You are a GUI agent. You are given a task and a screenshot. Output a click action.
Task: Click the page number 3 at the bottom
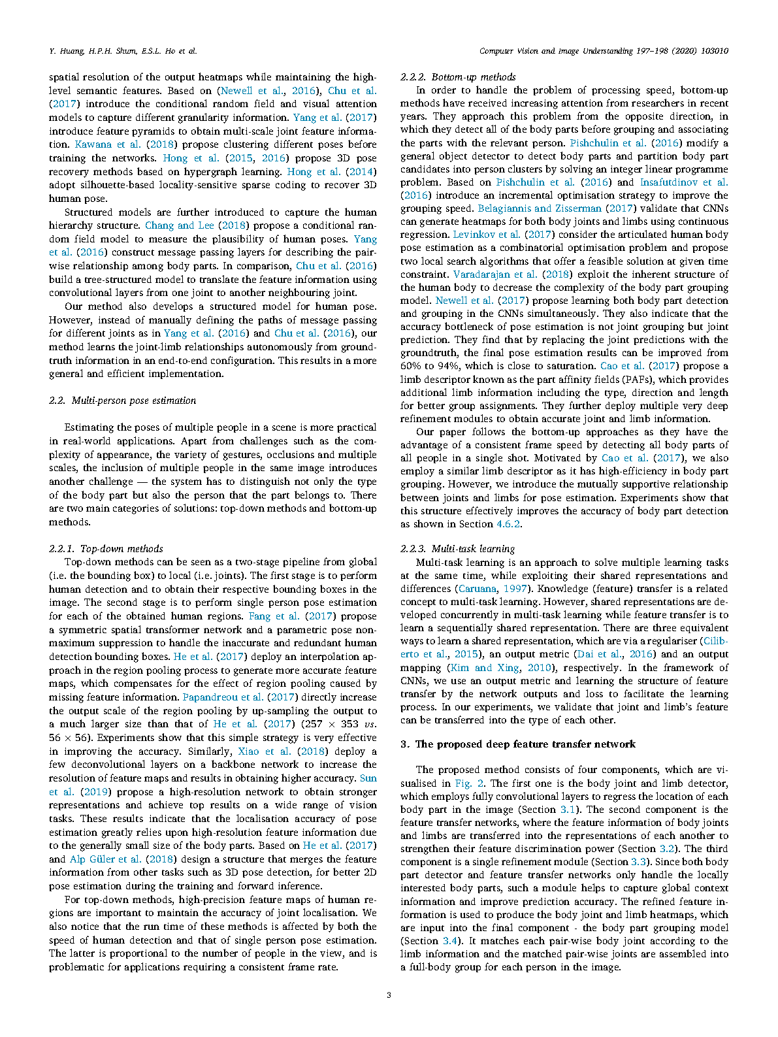(389, 995)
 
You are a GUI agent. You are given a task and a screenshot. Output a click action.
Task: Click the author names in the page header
(123, 51)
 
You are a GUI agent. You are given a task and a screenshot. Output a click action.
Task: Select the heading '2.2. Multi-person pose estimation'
(122, 401)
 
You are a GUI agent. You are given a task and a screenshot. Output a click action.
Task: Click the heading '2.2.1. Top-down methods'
(106, 549)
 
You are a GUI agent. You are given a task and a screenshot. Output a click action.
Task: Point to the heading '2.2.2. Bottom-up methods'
(458, 77)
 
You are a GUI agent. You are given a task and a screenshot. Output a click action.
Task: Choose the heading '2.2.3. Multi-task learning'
(457, 549)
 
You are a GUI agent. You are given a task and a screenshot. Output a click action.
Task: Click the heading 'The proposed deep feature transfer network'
(518, 744)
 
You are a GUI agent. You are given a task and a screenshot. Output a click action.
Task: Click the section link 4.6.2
(509, 524)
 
